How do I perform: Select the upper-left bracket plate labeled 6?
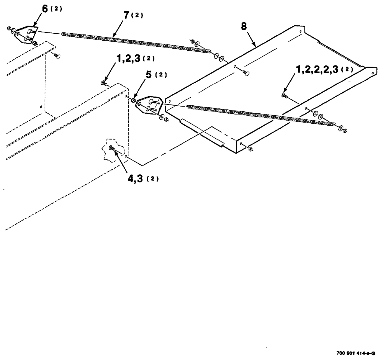[27, 33]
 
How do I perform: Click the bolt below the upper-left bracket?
[57, 57]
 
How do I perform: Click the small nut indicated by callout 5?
[133, 100]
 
